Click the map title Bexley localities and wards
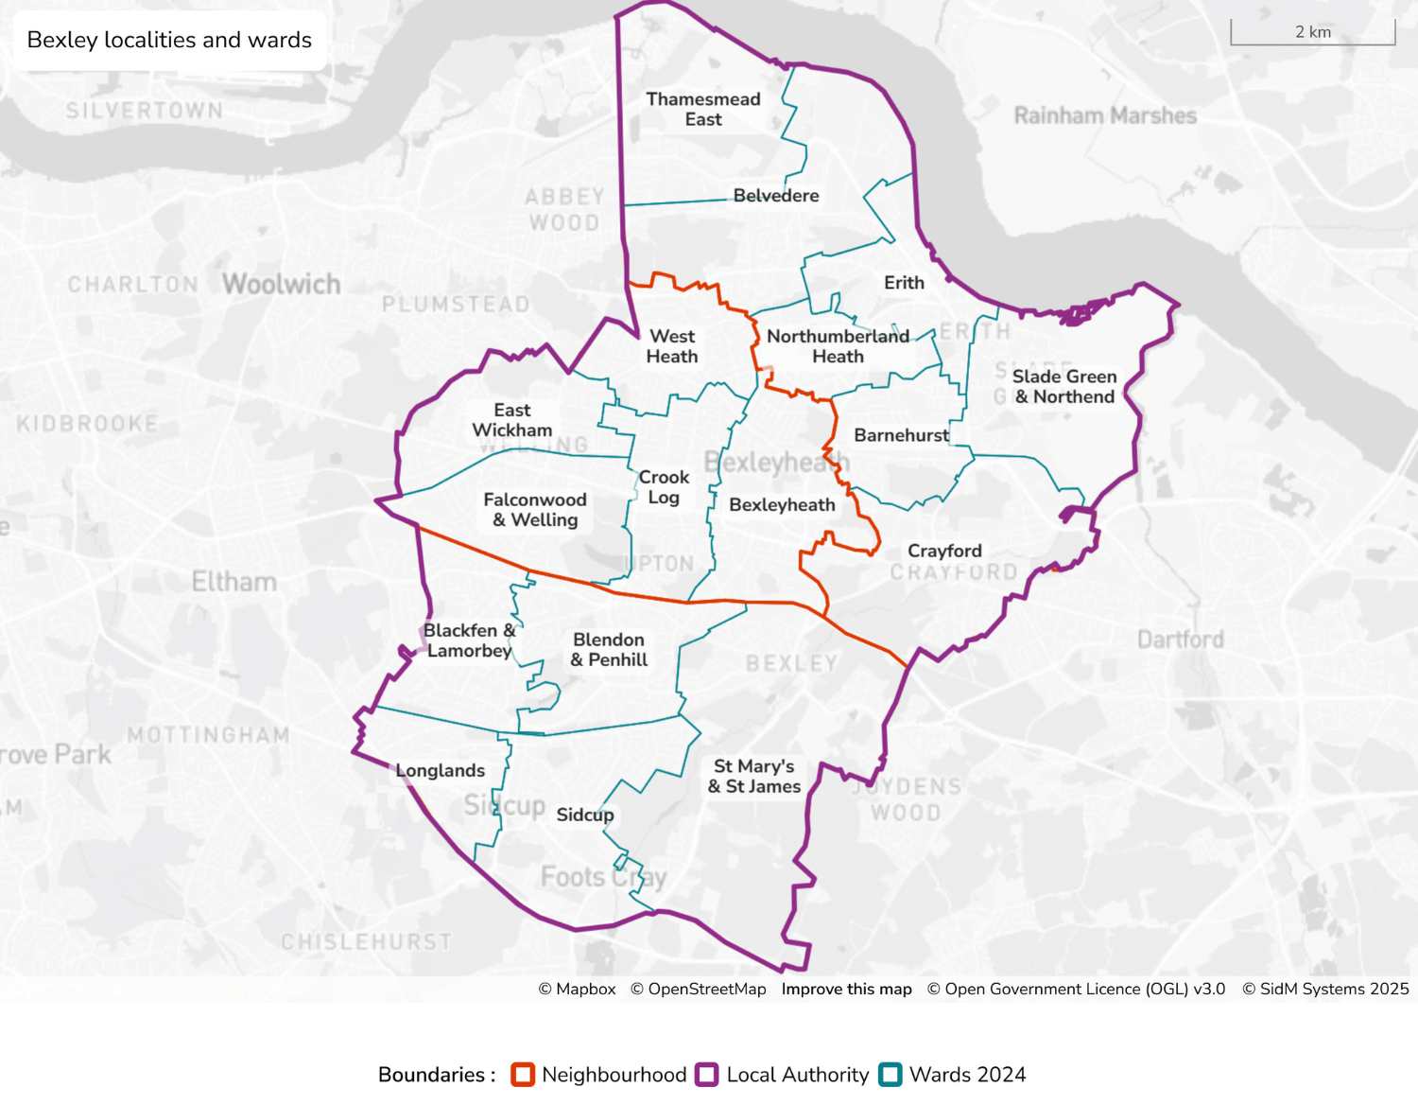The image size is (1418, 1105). click(x=169, y=40)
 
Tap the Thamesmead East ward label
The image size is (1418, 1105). click(x=703, y=109)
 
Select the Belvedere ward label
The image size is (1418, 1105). click(x=776, y=196)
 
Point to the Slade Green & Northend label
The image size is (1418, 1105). click(x=1064, y=386)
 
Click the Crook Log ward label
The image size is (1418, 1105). click(x=664, y=487)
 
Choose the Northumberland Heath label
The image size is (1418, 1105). click(x=838, y=346)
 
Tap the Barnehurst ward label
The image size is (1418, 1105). click(x=901, y=435)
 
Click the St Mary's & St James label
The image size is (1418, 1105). click(x=754, y=776)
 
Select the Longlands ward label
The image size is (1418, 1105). click(x=441, y=771)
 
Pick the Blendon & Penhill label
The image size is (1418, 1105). click(x=609, y=650)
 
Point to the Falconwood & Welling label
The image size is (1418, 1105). click(x=535, y=510)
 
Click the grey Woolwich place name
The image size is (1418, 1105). click(x=281, y=284)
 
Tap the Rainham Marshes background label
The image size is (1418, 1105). click(x=1105, y=116)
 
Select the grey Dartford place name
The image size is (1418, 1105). click(x=1180, y=640)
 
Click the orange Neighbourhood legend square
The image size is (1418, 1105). click(x=523, y=1075)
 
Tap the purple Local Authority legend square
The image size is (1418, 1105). click(x=707, y=1075)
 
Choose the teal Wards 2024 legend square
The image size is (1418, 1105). click(x=890, y=1075)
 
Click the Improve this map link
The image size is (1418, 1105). click(x=846, y=989)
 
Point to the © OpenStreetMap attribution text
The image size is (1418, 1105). click(x=698, y=989)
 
